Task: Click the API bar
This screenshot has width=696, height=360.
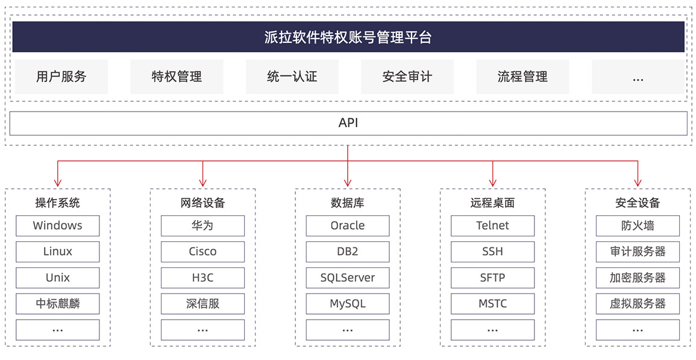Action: (348, 123)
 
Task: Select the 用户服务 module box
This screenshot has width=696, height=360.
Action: (61, 77)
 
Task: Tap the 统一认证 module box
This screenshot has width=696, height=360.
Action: (292, 77)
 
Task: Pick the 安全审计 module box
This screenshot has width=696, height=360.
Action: (407, 77)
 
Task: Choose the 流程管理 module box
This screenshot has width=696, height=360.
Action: (523, 77)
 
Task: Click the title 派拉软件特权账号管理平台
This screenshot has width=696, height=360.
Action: (348, 37)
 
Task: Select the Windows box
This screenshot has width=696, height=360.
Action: (58, 226)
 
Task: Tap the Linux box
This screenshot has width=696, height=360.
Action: (58, 251)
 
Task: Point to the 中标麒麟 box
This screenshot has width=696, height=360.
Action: (58, 304)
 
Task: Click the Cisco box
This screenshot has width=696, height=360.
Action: (203, 251)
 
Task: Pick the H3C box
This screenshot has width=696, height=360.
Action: (203, 278)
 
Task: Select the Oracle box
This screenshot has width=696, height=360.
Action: (348, 226)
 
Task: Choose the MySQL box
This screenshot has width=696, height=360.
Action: (348, 304)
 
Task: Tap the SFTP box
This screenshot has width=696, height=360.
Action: (493, 278)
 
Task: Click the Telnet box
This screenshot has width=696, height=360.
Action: (493, 226)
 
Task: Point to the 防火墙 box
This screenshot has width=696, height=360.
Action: (638, 226)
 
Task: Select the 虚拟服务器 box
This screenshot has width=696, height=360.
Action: (638, 304)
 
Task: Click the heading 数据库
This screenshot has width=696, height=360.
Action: (348, 203)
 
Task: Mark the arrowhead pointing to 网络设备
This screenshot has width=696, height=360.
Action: (203, 183)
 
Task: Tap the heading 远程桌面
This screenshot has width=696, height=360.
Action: (493, 203)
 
